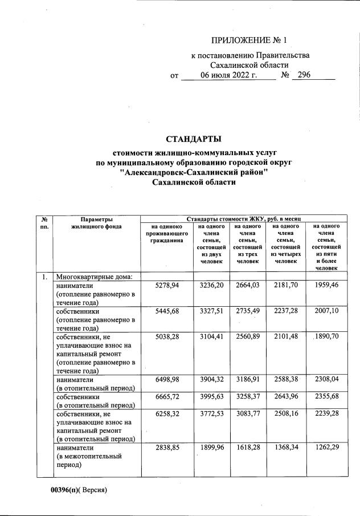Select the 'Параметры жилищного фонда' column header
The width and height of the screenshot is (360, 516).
(96, 222)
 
